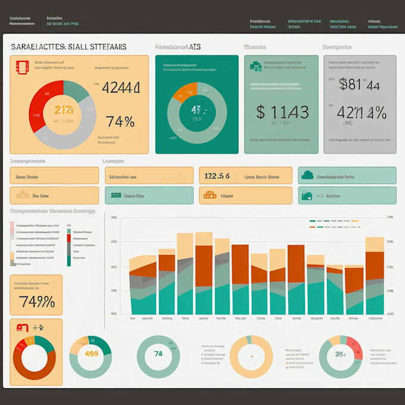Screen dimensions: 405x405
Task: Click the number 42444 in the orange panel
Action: point(121,88)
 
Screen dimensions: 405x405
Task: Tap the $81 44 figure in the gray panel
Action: point(359,85)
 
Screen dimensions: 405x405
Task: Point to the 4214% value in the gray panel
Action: point(361,113)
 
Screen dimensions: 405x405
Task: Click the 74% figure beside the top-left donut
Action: point(120,121)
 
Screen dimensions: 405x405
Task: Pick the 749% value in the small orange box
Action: point(37,301)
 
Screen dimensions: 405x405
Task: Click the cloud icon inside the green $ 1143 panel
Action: point(256,66)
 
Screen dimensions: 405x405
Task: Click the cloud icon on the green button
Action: point(307,175)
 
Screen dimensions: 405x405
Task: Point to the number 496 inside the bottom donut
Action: point(91,353)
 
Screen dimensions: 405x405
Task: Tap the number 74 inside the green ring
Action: point(158,354)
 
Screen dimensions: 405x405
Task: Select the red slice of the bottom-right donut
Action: point(354,345)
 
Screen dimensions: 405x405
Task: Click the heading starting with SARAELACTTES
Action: point(68,46)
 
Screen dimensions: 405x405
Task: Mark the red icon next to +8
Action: point(23,328)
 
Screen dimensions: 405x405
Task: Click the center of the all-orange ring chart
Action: point(251,356)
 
